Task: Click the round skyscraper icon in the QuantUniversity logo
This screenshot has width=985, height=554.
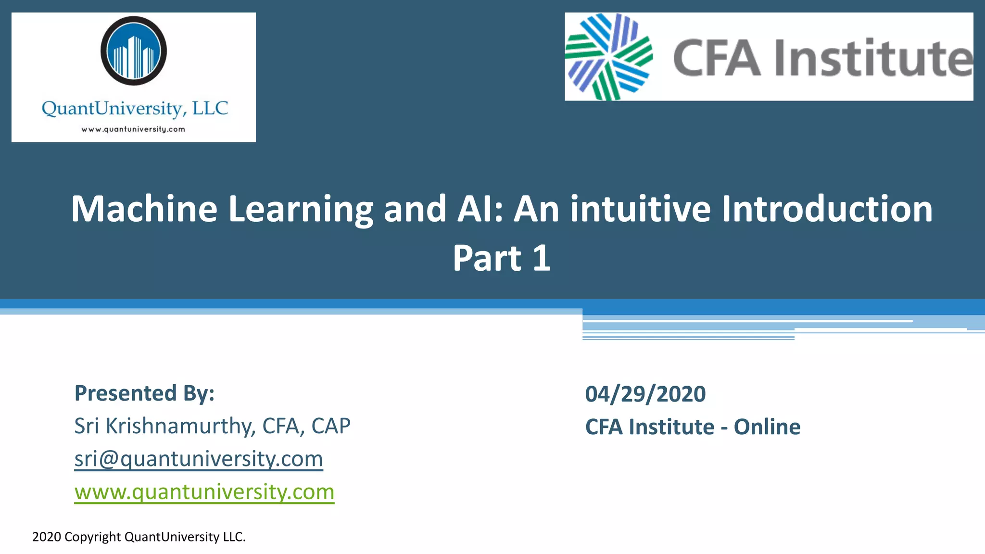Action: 134,51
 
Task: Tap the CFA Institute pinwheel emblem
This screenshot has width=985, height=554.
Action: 608,57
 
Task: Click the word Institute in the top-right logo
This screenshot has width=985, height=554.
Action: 873,59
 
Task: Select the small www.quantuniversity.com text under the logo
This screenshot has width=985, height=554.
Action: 133,129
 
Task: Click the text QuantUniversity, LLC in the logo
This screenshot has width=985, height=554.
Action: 135,109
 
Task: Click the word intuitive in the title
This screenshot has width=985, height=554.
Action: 640,209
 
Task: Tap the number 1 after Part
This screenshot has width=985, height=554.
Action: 542,258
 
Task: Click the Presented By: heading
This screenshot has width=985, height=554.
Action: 144,393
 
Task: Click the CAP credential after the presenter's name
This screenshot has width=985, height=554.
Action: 331,426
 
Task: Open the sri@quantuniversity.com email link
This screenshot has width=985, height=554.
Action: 199,459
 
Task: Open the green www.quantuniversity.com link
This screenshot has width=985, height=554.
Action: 204,492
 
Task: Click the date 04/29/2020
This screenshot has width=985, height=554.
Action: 645,394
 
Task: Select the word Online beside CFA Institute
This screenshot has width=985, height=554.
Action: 767,427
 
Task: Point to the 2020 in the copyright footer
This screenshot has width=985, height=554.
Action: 47,537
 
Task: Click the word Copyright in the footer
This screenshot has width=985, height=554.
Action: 93,537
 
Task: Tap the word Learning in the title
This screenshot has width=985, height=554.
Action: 301,209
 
